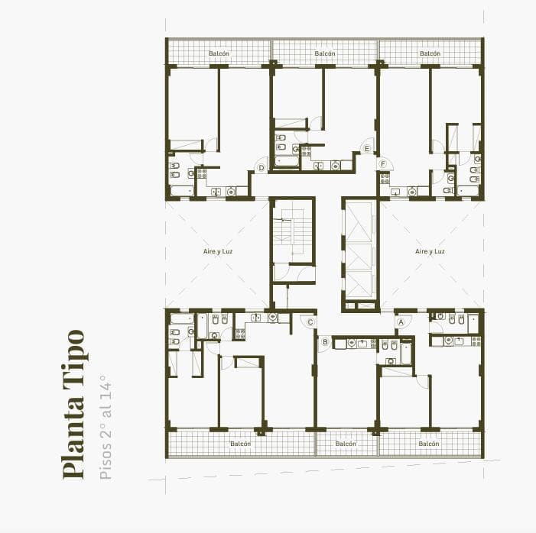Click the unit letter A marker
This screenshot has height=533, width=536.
(x=400, y=322)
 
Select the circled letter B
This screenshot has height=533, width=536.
(x=325, y=342)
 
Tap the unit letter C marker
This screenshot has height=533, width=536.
(x=310, y=322)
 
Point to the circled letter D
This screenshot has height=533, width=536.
(x=261, y=168)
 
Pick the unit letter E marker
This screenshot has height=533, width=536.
(x=368, y=148)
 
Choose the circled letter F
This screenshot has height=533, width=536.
(x=382, y=163)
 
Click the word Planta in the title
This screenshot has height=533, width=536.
(x=74, y=444)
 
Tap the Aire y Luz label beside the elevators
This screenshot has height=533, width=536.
(x=430, y=251)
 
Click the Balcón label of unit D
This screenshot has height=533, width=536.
(x=219, y=53)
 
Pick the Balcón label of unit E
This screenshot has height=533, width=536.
(x=325, y=53)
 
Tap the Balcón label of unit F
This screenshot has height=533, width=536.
(x=430, y=53)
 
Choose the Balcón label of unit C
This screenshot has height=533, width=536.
(x=241, y=444)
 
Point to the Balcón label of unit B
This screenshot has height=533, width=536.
(x=346, y=444)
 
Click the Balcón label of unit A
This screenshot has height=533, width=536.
(x=429, y=444)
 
